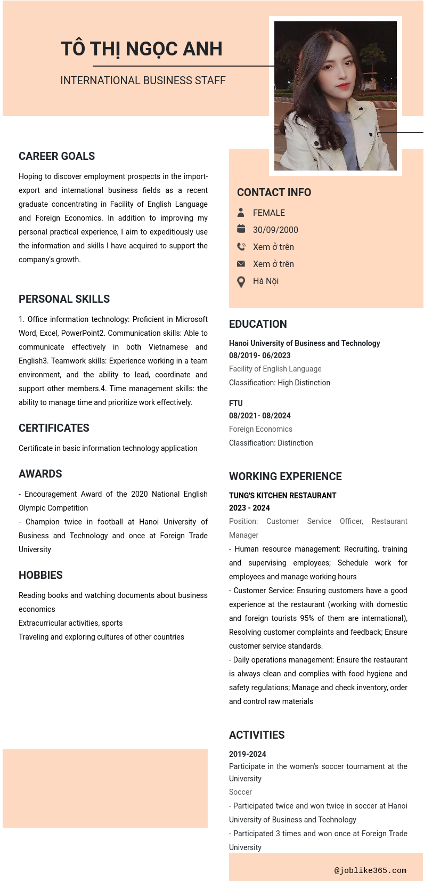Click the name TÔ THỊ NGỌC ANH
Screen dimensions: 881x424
coord(141,49)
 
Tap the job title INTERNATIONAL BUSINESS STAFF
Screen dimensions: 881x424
coord(143,80)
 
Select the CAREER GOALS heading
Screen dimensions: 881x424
coord(56,156)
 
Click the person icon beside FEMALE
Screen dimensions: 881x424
coord(241,213)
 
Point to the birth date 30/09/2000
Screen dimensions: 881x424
coord(275,230)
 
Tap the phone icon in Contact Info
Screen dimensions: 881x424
coord(241,247)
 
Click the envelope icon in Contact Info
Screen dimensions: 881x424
coord(241,264)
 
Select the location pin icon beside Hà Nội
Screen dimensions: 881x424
coord(241,281)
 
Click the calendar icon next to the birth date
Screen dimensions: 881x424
coord(241,229)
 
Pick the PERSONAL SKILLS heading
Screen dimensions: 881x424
coord(64,299)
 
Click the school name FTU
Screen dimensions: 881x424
coord(235,403)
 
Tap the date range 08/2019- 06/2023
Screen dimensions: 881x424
coord(259,355)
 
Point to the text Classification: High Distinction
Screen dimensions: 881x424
coord(279,383)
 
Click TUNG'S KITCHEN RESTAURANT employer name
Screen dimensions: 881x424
coord(282,496)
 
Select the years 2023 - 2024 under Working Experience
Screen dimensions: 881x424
coord(249,508)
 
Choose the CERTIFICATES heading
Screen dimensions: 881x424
coord(54,428)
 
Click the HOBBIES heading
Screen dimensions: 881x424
coord(40,575)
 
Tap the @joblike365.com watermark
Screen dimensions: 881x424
coord(370,870)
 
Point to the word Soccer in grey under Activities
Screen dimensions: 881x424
coord(240,792)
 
